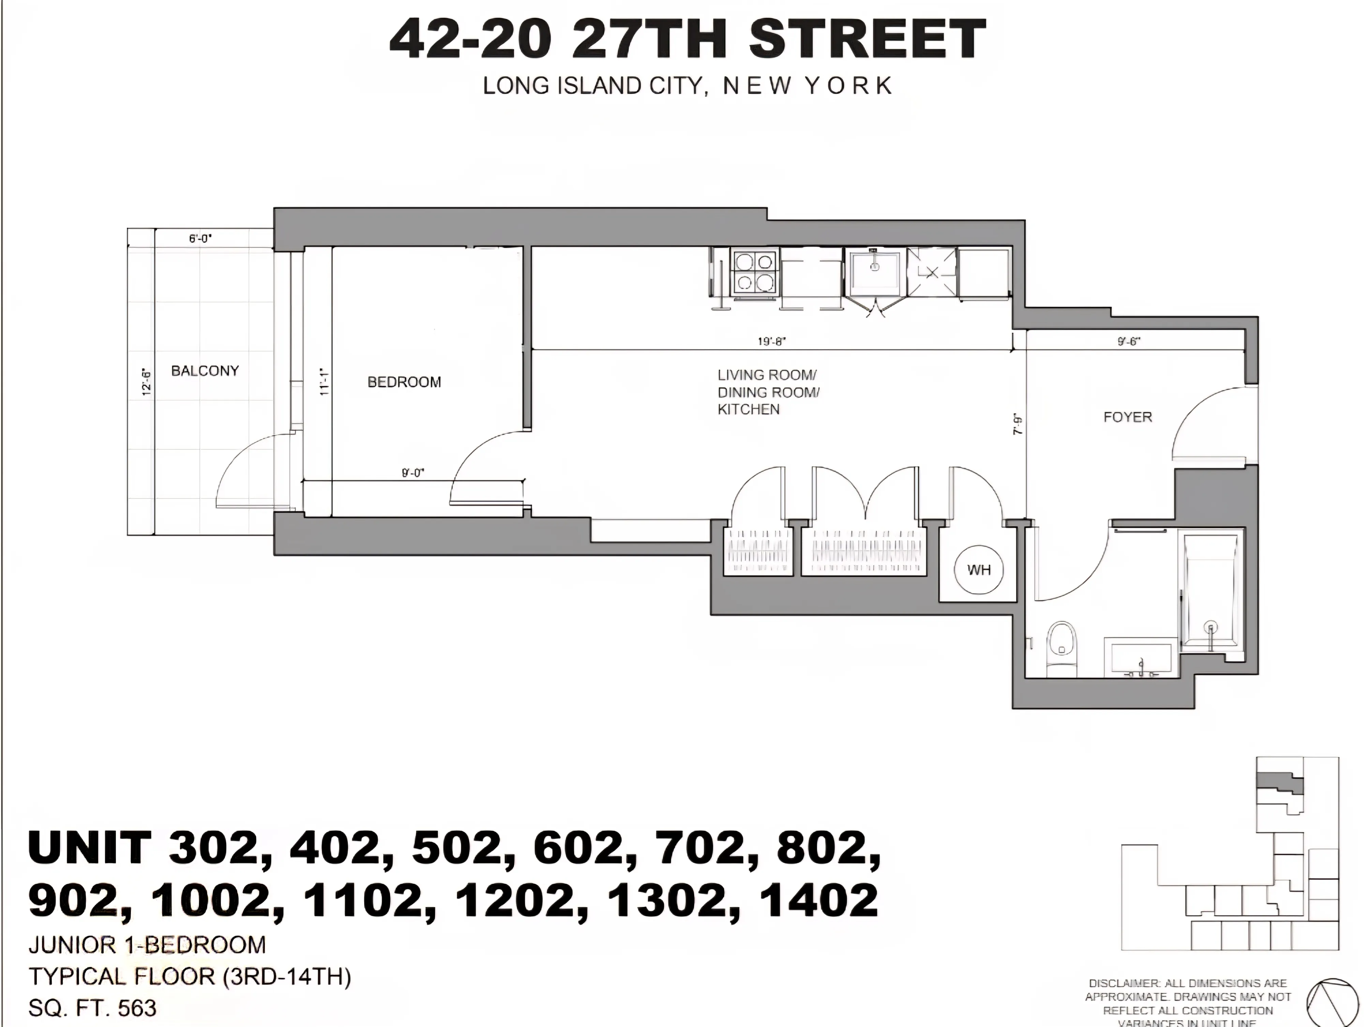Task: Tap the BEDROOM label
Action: click(404, 382)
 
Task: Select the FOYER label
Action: click(1127, 417)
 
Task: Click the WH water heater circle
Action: click(979, 570)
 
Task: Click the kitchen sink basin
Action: click(874, 271)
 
